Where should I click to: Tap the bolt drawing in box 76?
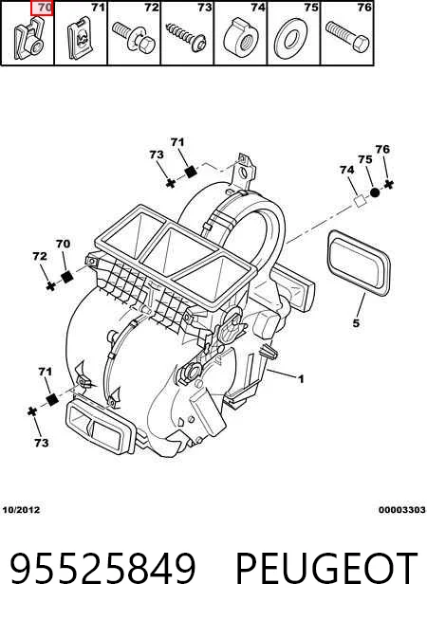pyautogui.click(x=347, y=36)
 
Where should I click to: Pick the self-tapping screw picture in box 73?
pyautogui.click(x=186, y=37)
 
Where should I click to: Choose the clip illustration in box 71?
pyautogui.click(x=81, y=38)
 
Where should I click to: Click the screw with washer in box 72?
pyautogui.click(x=134, y=37)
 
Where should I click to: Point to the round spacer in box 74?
pyautogui.click(x=241, y=39)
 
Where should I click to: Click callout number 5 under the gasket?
pyautogui.click(x=356, y=323)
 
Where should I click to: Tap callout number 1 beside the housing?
pyautogui.click(x=301, y=379)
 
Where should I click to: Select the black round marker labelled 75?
pyautogui.click(x=375, y=193)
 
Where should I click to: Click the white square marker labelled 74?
pyautogui.click(x=360, y=200)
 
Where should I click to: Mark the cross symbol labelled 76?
pyautogui.click(x=389, y=184)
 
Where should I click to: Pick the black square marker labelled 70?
pyautogui.click(x=66, y=277)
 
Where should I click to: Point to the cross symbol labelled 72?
pyautogui.click(x=50, y=286)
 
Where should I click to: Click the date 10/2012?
pyautogui.click(x=22, y=510)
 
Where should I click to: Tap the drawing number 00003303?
pyautogui.click(x=401, y=510)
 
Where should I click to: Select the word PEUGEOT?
pyautogui.click(x=326, y=569)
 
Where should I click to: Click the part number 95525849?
pyautogui.click(x=102, y=569)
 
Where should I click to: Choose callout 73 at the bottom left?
pyautogui.click(x=41, y=443)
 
